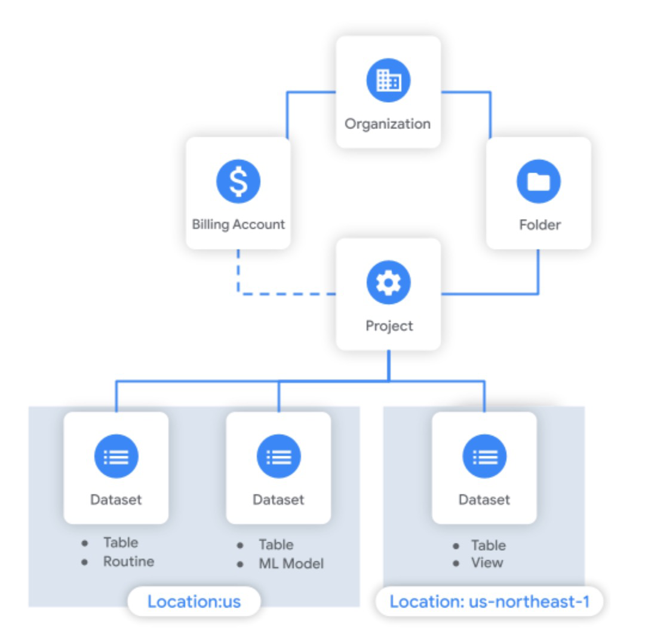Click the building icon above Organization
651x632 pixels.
click(x=388, y=81)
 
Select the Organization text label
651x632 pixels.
click(x=388, y=124)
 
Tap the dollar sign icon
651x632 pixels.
click(x=238, y=182)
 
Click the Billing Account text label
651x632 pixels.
click(x=238, y=225)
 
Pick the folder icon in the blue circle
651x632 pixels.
click(x=538, y=182)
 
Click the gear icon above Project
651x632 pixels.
click(x=388, y=283)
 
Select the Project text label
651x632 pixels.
click(x=388, y=326)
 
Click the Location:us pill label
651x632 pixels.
click(x=194, y=601)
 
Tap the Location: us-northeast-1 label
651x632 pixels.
click(x=489, y=601)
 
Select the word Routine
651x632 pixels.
click(x=128, y=562)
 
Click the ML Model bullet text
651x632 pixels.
click(x=290, y=563)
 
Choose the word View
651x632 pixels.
click(x=487, y=563)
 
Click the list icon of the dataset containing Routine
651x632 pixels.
click(x=116, y=457)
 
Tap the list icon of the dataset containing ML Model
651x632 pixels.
click(x=278, y=457)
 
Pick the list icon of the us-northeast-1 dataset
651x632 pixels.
click(x=484, y=457)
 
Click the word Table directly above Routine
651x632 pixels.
click(x=121, y=542)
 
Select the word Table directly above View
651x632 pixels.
click(x=488, y=545)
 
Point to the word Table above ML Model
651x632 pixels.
click(x=276, y=544)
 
